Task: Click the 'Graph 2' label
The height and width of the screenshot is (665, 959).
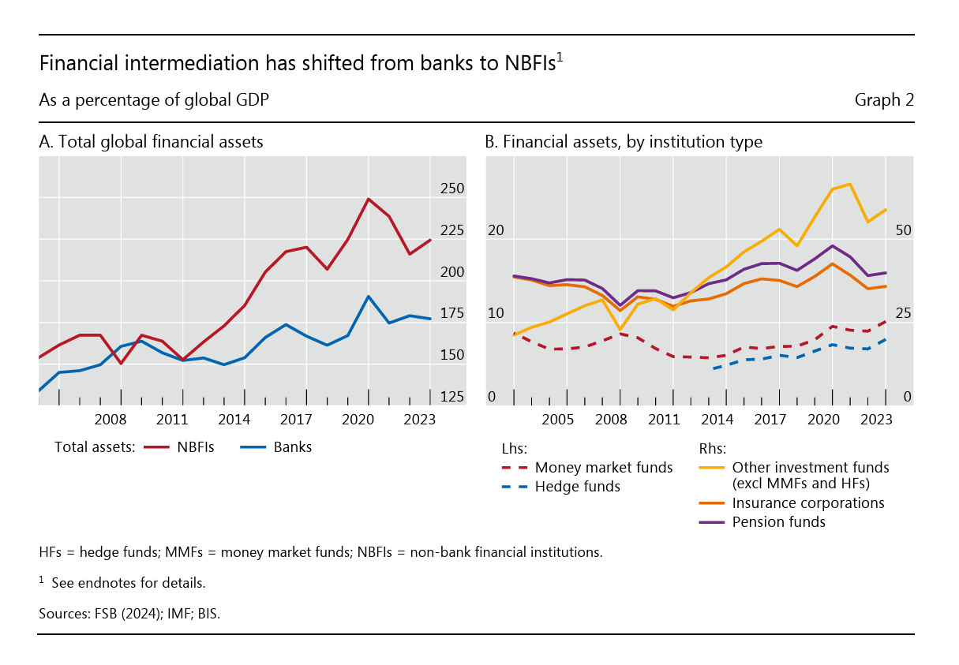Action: [884, 100]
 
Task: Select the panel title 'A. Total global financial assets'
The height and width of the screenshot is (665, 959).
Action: [151, 142]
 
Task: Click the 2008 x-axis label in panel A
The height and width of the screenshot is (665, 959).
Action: [111, 420]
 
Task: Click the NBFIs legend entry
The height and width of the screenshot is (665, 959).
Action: [196, 447]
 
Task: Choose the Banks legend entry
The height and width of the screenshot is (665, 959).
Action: [293, 447]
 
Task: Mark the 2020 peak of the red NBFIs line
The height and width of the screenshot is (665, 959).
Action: [368, 199]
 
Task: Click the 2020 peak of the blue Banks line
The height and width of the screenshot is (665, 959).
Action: [368, 297]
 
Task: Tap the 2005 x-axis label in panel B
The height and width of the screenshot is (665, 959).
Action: [557, 420]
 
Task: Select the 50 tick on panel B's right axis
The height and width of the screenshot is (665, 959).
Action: [904, 230]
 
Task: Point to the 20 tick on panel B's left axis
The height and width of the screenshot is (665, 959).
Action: [496, 230]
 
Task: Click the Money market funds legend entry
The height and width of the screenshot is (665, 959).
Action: [604, 467]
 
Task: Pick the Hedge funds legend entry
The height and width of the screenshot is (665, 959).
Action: [578, 486]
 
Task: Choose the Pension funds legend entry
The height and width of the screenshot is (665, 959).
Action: [778, 521]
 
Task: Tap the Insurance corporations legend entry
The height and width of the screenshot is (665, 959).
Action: [808, 502]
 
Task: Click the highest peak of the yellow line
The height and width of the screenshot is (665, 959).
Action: [849, 185]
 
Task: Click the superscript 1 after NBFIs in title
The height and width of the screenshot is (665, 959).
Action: [560, 57]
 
